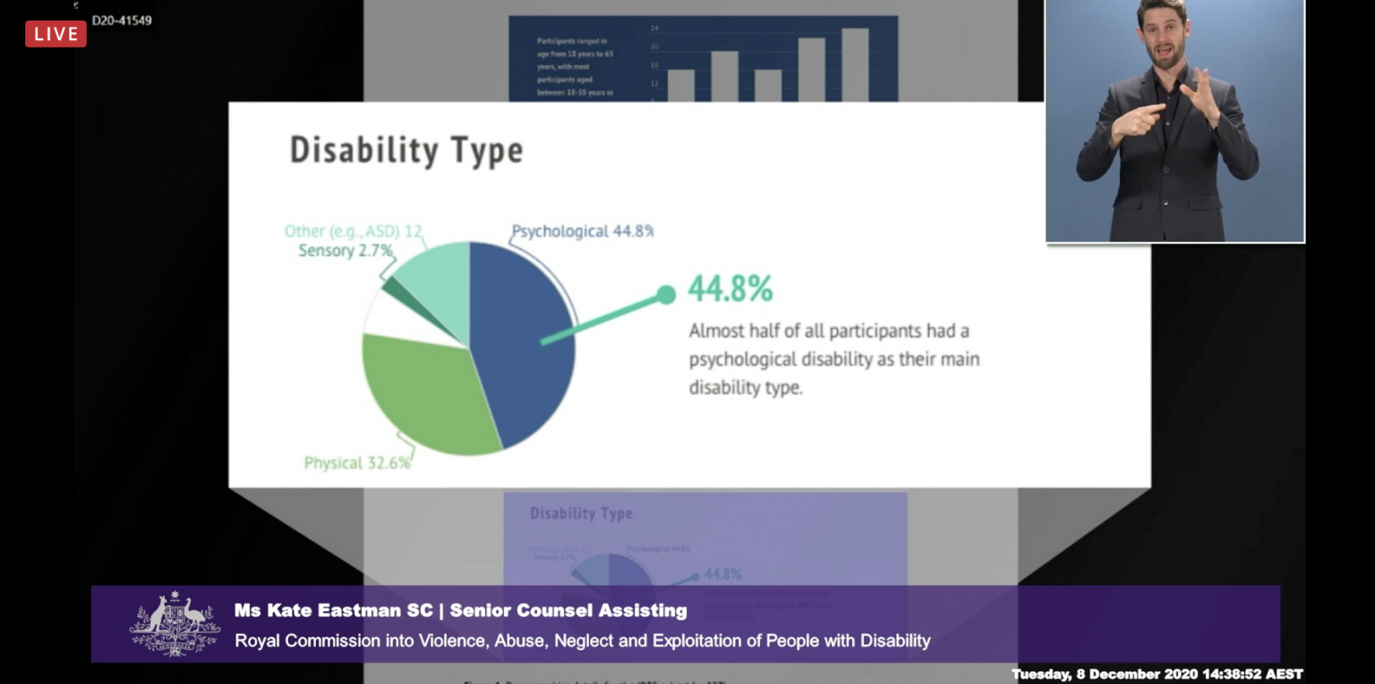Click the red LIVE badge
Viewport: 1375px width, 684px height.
coord(56,34)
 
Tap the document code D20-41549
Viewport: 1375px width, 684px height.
coord(122,20)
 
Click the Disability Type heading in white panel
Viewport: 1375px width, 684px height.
coord(406,150)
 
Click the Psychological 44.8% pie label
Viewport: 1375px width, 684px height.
coord(582,231)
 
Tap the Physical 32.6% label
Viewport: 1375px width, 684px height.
coord(357,463)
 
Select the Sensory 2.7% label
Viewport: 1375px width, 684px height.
coord(345,251)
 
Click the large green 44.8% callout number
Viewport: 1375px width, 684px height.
coord(730,289)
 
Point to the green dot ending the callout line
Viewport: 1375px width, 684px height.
coord(665,295)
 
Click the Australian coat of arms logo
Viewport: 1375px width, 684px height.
coord(175,623)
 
